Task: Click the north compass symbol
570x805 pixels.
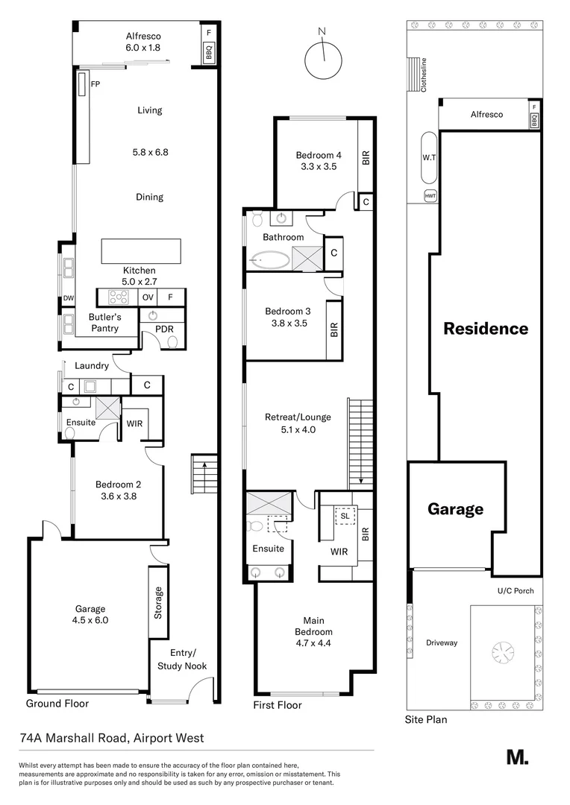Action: pyautogui.click(x=322, y=58)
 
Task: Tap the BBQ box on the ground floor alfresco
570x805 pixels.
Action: pyautogui.click(x=208, y=51)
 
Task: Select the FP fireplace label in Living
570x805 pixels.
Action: pyautogui.click(x=95, y=84)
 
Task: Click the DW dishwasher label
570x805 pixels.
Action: pyautogui.click(x=68, y=300)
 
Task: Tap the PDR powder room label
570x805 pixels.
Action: pyautogui.click(x=164, y=327)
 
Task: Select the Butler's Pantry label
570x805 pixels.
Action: pyautogui.click(x=104, y=323)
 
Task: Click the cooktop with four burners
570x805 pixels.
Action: pyautogui.click(x=119, y=297)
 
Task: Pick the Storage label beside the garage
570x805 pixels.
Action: pyautogui.click(x=157, y=602)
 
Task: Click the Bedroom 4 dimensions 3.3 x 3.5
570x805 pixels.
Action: pyautogui.click(x=319, y=167)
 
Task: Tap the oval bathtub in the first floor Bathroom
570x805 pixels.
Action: pyautogui.click(x=271, y=261)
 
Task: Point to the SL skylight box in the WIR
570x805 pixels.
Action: pyautogui.click(x=345, y=516)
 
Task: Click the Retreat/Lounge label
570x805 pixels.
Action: pyautogui.click(x=298, y=417)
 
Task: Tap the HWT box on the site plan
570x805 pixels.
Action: pyautogui.click(x=430, y=195)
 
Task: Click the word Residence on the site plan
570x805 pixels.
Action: pyautogui.click(x=486, y=329)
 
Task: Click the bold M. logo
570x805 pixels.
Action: pyautogui.click(x=517, y=757)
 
